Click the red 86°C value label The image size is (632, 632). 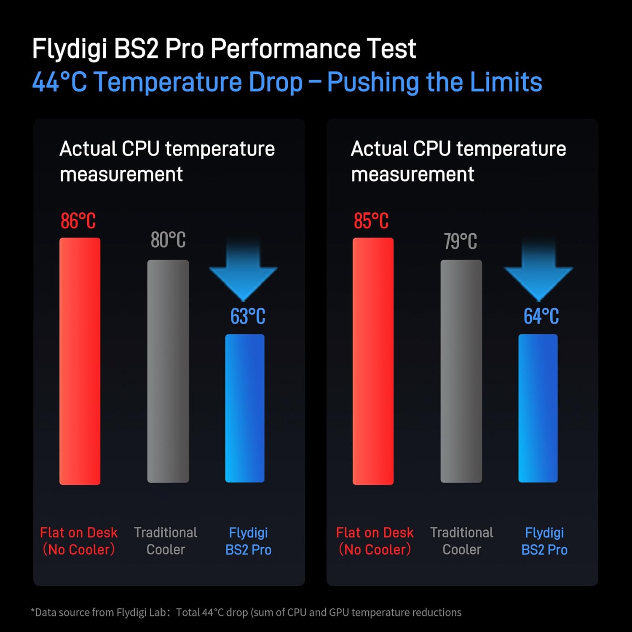[78, 221]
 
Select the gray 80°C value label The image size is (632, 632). [168, 240]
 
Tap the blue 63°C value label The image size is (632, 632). [248, 316]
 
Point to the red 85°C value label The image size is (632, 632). [371, 221]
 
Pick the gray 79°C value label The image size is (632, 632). [461, 241]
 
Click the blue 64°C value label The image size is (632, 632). [541, 316]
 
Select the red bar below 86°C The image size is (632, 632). [80, 361]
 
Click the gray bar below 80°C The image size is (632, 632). [168, 371]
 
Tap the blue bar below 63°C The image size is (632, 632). [245, 408]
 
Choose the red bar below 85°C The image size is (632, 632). [373, 361]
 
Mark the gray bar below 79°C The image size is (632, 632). [461, 371]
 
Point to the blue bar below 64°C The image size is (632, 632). [538, 408]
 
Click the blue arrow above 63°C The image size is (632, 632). [243, 270]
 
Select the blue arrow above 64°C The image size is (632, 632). [538, 270]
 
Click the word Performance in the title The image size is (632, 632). [285, 49]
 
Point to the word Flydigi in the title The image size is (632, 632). [70, 49]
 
